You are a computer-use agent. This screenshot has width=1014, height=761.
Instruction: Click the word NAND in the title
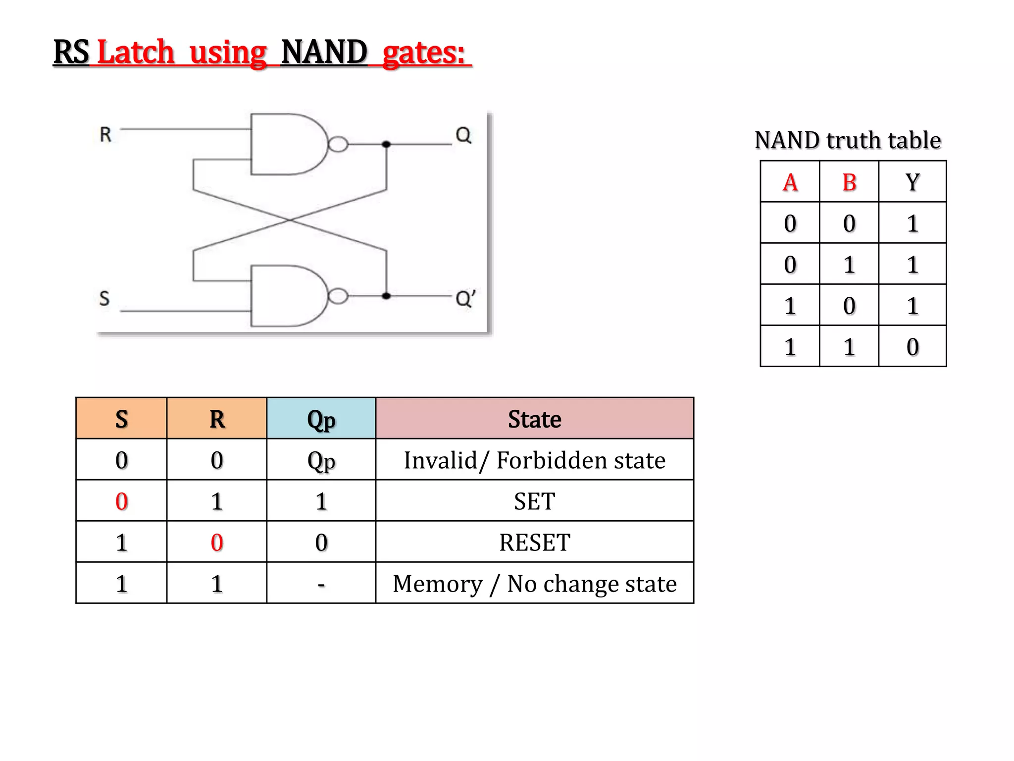click(324, 52)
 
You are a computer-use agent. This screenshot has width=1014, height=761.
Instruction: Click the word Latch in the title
click(136, 52)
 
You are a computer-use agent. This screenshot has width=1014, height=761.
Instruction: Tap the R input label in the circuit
click(105, 135)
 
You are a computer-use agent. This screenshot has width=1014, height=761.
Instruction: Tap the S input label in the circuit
click(104, 298)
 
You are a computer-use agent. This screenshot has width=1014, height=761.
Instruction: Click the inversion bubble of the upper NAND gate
click(338, 144)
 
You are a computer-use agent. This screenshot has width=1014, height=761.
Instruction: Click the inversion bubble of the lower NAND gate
click(338, 296)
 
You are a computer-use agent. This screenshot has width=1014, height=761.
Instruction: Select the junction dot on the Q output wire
click(386, 144)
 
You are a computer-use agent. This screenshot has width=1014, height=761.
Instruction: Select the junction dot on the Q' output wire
click(386, 296)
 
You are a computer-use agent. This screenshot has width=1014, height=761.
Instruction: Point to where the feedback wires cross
click(290, 220)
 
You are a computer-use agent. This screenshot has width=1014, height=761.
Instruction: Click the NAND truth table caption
click(847, 140)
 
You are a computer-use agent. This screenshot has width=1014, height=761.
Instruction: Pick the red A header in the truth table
click(790, 182)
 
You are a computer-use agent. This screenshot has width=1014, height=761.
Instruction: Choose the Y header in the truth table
click(913, 182)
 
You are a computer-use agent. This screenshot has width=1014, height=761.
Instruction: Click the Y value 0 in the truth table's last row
click(913, 347)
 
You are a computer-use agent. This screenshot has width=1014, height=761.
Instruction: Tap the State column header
click(534, 419)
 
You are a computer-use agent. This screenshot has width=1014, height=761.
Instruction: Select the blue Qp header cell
click(321, 419)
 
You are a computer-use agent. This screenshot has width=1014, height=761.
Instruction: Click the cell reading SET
click(534, 501)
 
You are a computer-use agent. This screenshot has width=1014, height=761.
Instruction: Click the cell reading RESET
click(534, 543)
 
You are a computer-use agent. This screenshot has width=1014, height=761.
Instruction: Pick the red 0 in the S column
click(121, 501)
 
